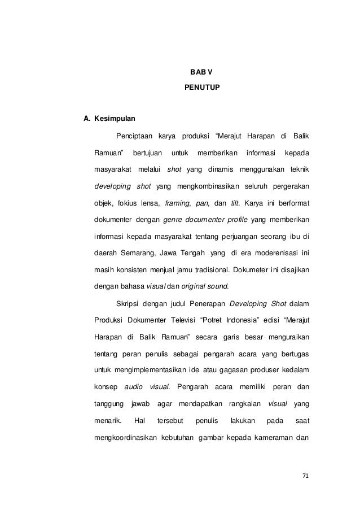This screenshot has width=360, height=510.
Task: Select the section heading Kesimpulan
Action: [114, 120]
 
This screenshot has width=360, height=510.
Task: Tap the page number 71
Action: [305, 477]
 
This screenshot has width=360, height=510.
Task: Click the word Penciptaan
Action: [134, 136]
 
